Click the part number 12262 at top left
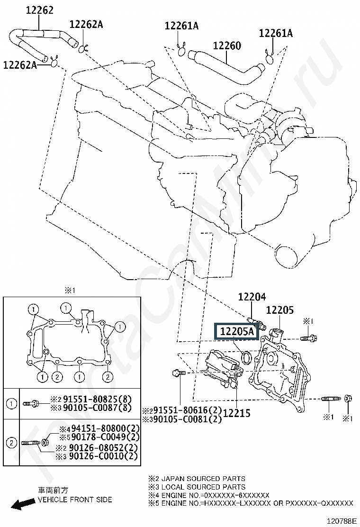click(40, 10)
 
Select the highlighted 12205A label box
click(236, 331)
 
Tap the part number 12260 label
click(227, 45)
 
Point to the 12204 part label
click(252, 297)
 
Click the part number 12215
click(237, 413)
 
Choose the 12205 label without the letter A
click(280, 310)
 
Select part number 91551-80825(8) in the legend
click(100, 400)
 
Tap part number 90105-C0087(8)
click(100, 408)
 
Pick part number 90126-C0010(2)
click(104, 456)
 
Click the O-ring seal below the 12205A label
click(247, 358)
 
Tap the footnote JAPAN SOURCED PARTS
click(203, 479)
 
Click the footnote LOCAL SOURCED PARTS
click(203, 487)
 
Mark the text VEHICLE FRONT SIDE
click(75, 500)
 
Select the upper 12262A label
click(86, 25)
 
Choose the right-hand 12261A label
click(276, 33)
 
